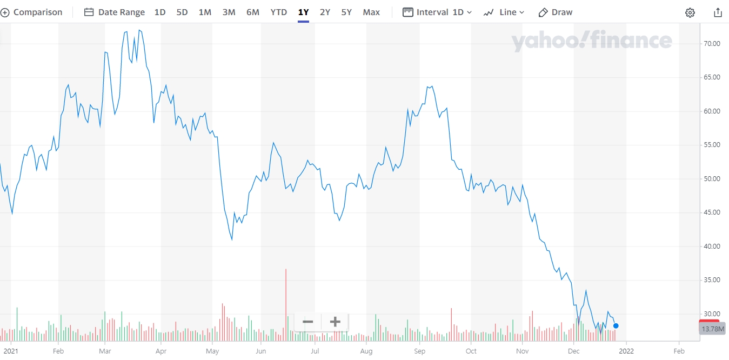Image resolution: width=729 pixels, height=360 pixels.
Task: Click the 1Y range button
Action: (x=303, y=12)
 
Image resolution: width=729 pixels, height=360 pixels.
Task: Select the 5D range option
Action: (x=182, y=12)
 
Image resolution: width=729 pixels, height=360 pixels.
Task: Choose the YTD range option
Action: (x=279, y=12)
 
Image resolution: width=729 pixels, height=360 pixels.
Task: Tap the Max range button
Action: (x=371, y=12)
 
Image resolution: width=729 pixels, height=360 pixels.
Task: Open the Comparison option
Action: (x=31, y=12)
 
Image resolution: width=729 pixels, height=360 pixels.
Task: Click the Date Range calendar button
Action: (x=114, y=12)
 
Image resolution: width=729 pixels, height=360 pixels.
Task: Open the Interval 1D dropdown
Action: (x=437, y=12)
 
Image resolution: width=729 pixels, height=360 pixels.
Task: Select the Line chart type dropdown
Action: (x=504, y=12)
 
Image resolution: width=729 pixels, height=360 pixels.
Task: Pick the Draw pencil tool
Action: (x=555, y=12)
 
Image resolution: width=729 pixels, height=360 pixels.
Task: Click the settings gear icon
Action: (x=690, y=12)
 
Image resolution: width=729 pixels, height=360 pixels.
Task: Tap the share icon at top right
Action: (x=718, y=12)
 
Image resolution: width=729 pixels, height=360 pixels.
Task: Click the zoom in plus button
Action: (x=335, y=322)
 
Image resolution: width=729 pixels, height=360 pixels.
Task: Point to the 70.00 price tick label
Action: (x=712, y=44)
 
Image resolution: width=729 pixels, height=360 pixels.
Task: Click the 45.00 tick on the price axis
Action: (x=712, y=212)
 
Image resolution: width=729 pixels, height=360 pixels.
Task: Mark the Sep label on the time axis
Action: (x=419, y=351)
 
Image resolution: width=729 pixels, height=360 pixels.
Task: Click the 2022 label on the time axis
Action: (x=626, y=351)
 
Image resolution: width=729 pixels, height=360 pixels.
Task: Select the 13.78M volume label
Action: (x=713, y=329)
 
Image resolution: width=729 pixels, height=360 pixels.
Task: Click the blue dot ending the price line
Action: (x=616, y=326)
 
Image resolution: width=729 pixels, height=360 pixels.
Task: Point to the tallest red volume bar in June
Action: (x=286, y=305)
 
